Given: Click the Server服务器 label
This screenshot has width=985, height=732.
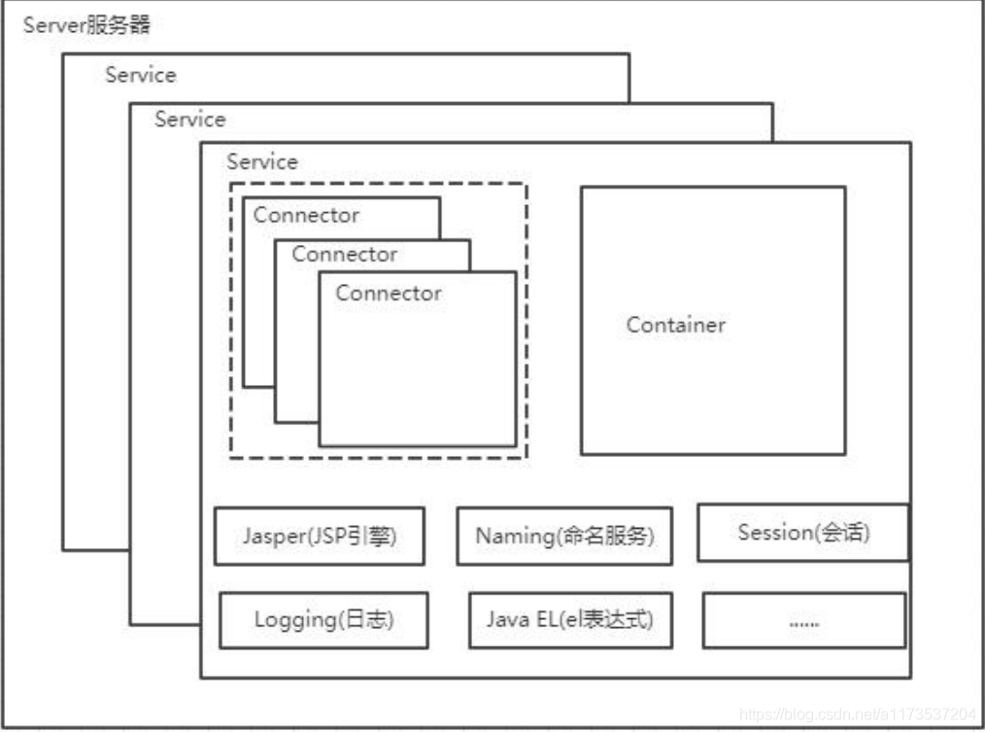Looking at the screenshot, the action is pyautogui.click(x=86, y=25).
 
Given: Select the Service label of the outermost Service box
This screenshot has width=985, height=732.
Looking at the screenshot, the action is pyautogui.click(x=141, y=75).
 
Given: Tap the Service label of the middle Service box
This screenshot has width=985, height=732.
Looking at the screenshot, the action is pyautogui.click(x=190, y=119).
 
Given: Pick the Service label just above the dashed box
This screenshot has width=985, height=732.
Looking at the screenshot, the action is pyautogui.click(x=262, y=161).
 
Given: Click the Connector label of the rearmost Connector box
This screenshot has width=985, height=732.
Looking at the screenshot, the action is pyautogui.click(x=306, y=215).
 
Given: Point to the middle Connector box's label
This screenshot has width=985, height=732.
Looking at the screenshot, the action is pyautogui.click(x=344, y=254).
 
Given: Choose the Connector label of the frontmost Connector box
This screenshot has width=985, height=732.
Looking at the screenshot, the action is pyautogui.click(x=389, y=293).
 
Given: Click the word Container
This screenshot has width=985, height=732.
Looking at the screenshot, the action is pyautogui.click(x=676, y=325).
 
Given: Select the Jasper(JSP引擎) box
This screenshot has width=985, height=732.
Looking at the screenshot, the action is pyautogui.click(x=320, y=537).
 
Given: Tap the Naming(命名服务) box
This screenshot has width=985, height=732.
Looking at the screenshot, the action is pyautogui.click(x=564, y=537).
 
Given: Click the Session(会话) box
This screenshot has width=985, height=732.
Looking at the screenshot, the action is pyautogui.click(x=802, y=533).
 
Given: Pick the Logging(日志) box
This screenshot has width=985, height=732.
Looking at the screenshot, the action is pyautogui.click(x=323, y=620).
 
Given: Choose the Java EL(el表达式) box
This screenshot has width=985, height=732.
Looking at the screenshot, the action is pyautogui.click(x=570, y=620).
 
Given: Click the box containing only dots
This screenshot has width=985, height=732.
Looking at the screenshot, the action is pyautogui.click(x=804, y=620).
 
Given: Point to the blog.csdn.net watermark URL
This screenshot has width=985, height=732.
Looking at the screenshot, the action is pyautogui.click(x=858, y=715).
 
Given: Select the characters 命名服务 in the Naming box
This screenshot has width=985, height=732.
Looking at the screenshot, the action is pyautogui.click(x=603, y=537).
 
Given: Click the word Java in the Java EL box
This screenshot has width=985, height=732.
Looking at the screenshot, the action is pyautogui.click(x=508, y=619).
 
